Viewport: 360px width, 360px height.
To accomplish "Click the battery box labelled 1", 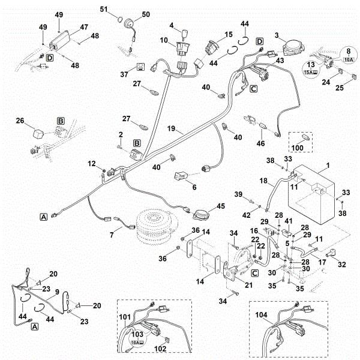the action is pyautogui.click(x=311, y=195).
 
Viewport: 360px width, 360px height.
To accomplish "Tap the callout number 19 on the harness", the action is pyautogui.click(x=171, y=128).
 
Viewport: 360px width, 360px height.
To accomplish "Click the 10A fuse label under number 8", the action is pyautogui.click(x=348, y=59).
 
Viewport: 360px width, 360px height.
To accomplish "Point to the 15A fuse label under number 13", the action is pyautogui.click(x=311, y=73).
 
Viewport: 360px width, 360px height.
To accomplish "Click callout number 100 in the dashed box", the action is pyautogui.click(x=298, y=148).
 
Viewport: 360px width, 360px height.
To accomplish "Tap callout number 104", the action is pyautogui.click(x=261, y=315).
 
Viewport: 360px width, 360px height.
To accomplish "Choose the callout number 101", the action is pyautogui.click(x=125, y=317).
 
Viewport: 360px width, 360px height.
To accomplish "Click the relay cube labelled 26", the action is pyautogui.click(x=38, y=133).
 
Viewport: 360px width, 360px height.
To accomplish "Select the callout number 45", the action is pyautogui.click(x=221, y=206).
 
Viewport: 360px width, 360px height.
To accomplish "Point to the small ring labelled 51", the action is pyautogui.click(x=120, y=19).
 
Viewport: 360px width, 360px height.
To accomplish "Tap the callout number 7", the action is pyautogui.click(x=112, y=235).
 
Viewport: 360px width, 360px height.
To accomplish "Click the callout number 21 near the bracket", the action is pyautogui.click(x=248, y=285).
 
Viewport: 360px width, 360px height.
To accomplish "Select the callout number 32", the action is pyautogui.click(x=341, y=264).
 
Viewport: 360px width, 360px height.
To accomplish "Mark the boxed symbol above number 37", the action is pyautogui.click(x=140, y=67).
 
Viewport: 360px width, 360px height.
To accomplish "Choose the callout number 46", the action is pyautogui.click(x=260, y=143).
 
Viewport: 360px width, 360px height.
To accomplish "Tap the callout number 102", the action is pyautogui.click(x=160, y=349).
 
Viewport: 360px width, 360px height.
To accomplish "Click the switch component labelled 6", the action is pyautogui.click(x=181, y=176).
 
